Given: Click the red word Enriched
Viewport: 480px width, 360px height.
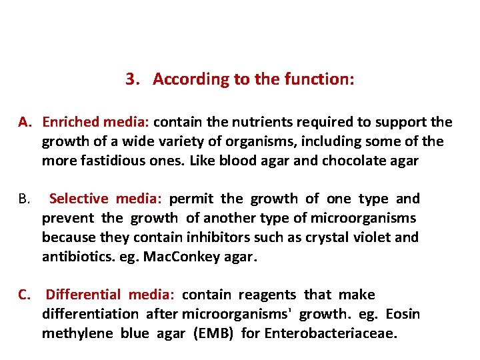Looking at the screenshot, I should click(70, 123).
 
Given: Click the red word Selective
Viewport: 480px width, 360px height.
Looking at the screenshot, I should click(79, 199).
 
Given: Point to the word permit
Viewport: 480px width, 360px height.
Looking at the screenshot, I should click(191, 199).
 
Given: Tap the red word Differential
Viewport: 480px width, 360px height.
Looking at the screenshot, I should click(84, 295).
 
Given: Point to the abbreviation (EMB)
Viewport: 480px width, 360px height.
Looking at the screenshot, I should click(213, 333).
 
